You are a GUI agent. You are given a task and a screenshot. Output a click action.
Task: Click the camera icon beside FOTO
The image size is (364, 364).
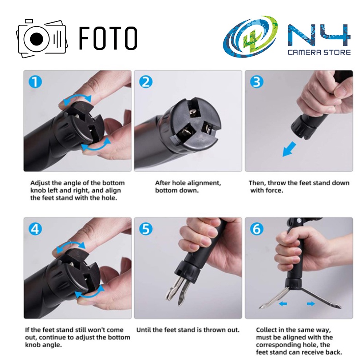click(42, 39)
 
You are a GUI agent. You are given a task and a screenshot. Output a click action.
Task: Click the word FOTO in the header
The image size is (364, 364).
click(108, 38)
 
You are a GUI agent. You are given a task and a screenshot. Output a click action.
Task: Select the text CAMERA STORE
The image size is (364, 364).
click(319, 52)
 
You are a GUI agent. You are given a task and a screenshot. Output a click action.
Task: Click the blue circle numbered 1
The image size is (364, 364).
click(35, 82)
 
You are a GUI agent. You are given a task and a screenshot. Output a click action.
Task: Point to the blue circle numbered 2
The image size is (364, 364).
click(146, 82)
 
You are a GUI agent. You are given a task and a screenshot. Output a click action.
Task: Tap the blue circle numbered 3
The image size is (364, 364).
click(257, 82)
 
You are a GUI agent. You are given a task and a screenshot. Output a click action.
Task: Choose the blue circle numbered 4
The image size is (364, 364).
click(35, 229)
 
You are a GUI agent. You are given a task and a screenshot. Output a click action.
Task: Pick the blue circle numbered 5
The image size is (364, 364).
click(146, 229)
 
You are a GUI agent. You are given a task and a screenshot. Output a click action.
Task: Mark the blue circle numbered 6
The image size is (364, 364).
click(257, 229)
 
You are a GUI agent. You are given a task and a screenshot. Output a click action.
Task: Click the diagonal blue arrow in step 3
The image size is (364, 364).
click(289, 149)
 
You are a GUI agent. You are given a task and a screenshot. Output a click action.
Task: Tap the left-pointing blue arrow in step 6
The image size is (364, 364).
click(283, 304)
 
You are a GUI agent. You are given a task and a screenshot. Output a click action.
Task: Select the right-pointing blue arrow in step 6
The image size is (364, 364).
click(311, 304)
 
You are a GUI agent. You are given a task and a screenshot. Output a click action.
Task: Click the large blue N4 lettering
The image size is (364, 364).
click(319, 35)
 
